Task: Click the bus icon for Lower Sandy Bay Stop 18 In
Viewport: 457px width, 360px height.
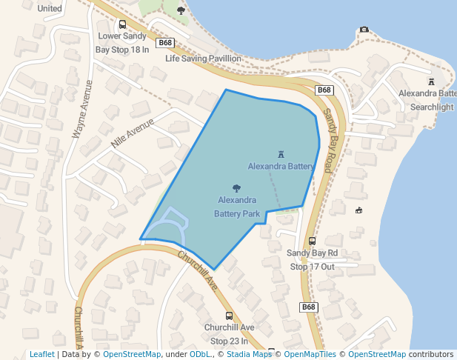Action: (x=122, y=24)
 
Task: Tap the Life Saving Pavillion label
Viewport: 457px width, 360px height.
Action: (x=203, y=58)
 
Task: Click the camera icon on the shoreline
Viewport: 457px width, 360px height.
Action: (x=364, y=30)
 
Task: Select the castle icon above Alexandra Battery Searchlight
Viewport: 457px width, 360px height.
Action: (x=431, y=81)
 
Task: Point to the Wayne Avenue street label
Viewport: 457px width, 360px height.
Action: (x=81, y=109)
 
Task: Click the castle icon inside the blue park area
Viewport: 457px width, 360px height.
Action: (x=281, y=155)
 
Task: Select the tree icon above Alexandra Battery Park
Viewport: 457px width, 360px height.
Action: (x=236, y=188)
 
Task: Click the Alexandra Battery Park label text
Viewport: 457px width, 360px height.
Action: (x=237, y=207)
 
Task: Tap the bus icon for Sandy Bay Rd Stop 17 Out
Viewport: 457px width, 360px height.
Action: (x=312, y=241)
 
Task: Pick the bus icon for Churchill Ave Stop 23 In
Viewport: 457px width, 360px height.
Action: (x=229, y=316)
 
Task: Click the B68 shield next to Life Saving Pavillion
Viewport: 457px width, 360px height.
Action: (x=166, y=43)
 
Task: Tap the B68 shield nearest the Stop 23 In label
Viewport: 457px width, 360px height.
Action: (x=309, y=307)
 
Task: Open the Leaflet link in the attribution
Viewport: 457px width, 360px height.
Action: (x=42, y=354)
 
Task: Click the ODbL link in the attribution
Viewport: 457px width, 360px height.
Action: (x=200, y=354)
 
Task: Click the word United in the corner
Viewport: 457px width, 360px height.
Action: (x=50, y=8)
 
